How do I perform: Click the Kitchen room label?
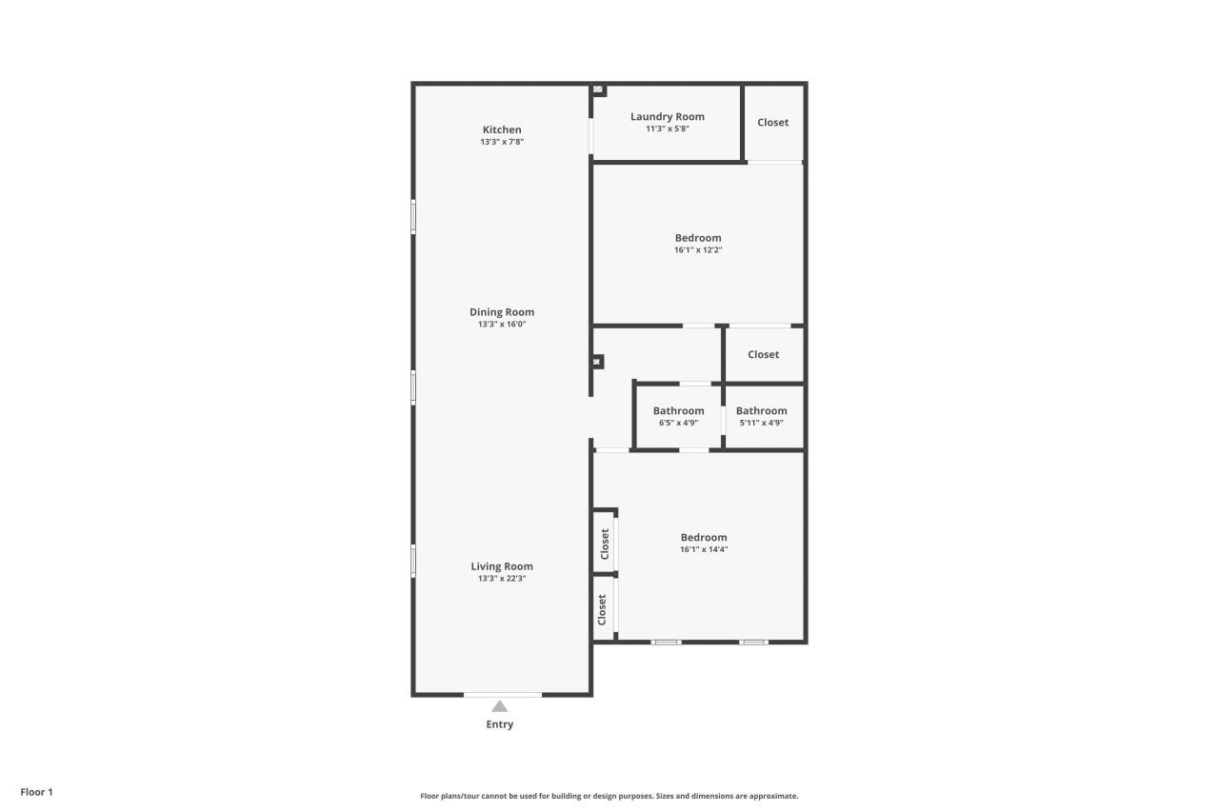(x=502, y=129)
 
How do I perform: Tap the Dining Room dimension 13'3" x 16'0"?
(x=502, y=325)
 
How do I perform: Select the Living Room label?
(x=502, y=566)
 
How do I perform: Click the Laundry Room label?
(x=668, y=117)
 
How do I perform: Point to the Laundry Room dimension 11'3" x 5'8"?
(x=668, y=129)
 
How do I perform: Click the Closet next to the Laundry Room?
(x=773, y=123)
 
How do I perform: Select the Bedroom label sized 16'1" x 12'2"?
(x=698, y=238)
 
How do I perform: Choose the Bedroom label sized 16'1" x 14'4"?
(x=704, y=538)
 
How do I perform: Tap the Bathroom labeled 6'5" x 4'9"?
(x=679, y=411)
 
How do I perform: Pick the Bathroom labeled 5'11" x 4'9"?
(x=762, y=411)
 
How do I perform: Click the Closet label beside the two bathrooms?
(x=764, y=355)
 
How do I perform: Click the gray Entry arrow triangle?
(x=500, y=706)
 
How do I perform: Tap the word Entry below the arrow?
(x=500, y=724)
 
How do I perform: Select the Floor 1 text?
(x=37, y=792)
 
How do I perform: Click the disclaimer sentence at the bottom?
(x=609, y=796)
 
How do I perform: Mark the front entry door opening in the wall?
(x=503, y=695)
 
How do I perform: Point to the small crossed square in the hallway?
(x=597, y=362)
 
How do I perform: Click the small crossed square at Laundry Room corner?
(x=598, y=89)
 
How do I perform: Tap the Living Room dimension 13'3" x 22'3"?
(x=502, y=579)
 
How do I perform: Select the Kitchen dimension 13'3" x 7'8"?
(x=502, y=142)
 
